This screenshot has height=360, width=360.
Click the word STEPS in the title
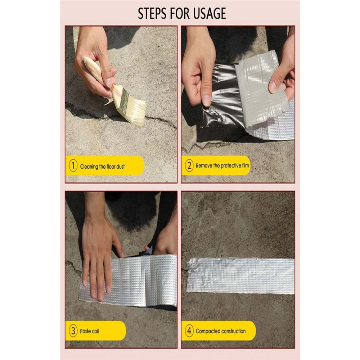152,13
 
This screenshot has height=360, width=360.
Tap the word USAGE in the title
210,13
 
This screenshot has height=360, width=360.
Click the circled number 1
73,166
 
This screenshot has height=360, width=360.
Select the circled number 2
189,166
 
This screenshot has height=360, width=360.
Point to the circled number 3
73,331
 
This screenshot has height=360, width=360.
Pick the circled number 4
189,331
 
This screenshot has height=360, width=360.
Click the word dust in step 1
120,166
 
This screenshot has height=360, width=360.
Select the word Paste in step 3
85,331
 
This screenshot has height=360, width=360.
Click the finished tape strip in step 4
240,275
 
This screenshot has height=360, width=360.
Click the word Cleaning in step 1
89,167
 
